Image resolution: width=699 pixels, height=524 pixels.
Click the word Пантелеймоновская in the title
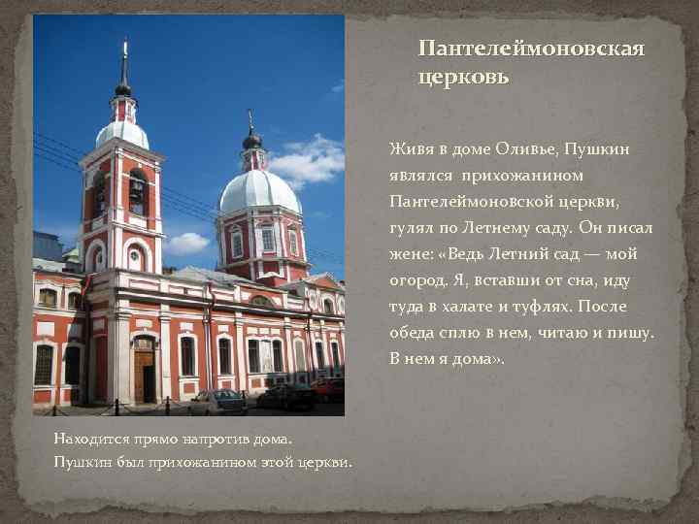531,49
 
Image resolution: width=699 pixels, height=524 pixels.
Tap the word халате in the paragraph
493,308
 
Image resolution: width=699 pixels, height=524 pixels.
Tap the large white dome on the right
259,189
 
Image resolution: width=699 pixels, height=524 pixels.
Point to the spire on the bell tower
124,64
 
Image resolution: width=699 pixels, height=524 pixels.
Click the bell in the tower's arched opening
137,189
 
